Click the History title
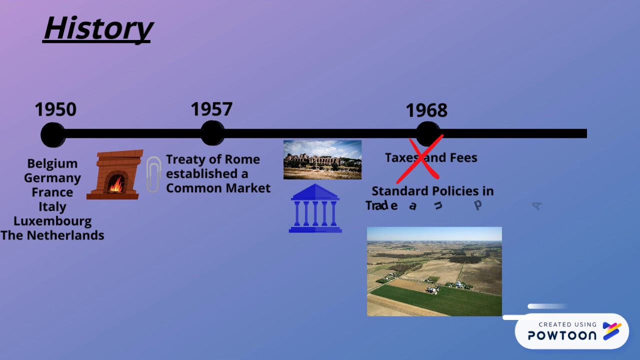[98, 28]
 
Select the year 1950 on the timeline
[55, 109]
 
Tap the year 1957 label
[211, 109]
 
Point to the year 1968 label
[426, 110]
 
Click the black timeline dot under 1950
[52, 134]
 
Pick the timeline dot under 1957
[212, 133]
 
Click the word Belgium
[52, 163]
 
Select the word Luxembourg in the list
[52, 221]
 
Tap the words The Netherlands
[52, 235]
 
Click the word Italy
[52, 206]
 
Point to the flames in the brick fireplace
[115, 184]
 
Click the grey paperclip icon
[153, 174]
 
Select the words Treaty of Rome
[213, 159]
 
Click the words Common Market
[218, 188]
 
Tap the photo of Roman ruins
[322, 160]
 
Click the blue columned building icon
[315, 209]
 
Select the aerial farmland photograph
[434, 271]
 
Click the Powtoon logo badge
[571, 331]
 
